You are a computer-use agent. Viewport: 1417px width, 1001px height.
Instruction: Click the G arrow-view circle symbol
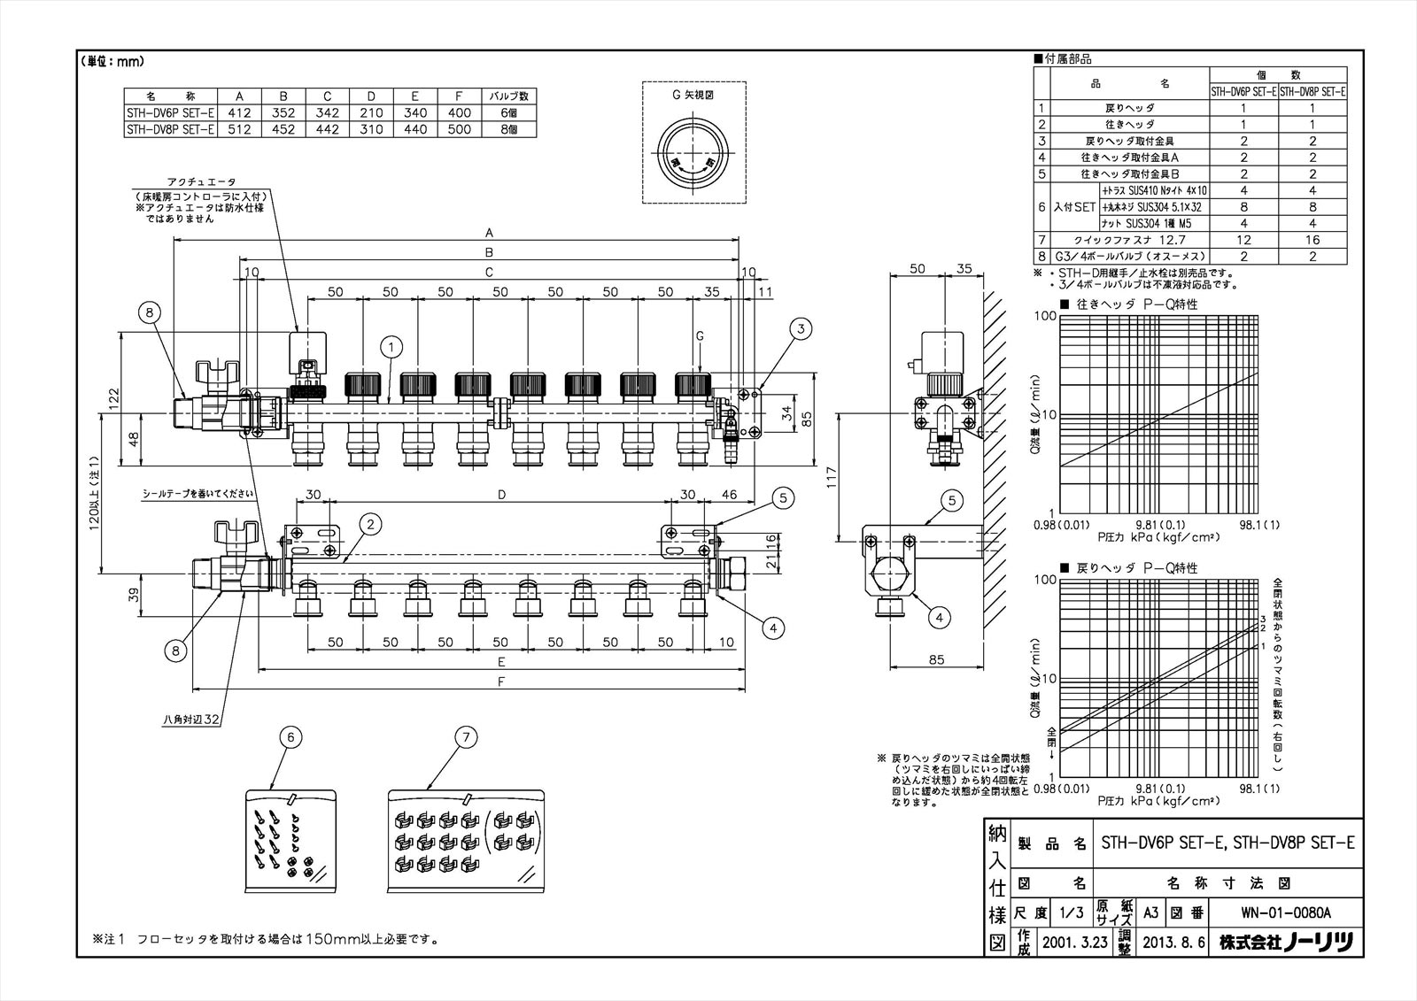693,156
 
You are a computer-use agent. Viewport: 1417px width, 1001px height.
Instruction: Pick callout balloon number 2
371,525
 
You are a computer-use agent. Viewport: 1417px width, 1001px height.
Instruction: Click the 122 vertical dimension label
112,398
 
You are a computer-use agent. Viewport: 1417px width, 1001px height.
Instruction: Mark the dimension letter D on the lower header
501,496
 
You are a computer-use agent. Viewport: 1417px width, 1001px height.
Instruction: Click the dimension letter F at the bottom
501,682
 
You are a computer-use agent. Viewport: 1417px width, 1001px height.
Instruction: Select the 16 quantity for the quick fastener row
1312,240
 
